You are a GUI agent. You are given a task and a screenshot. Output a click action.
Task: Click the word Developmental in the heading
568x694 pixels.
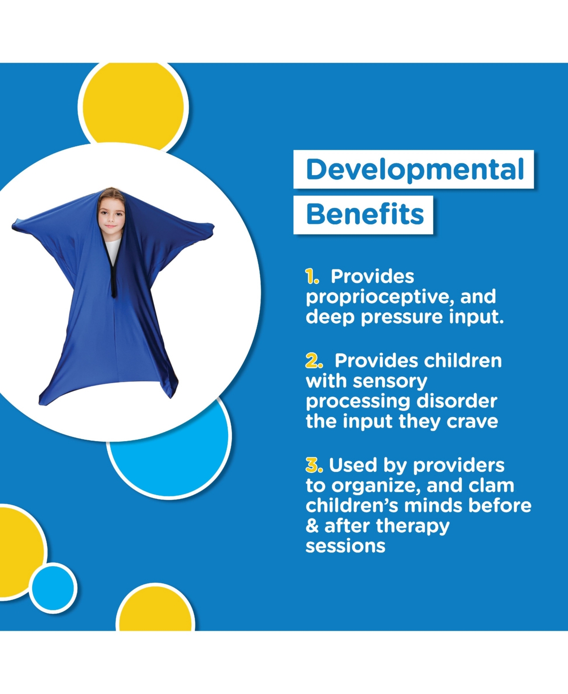[415, 169]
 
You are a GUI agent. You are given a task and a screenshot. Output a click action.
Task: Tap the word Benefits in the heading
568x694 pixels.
[364, 214]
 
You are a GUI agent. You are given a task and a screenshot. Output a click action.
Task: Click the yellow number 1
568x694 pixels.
[311, 276]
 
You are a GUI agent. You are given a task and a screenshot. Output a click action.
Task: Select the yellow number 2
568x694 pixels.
[314, 361]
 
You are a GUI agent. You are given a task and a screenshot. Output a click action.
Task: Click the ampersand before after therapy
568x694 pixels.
[312, 526]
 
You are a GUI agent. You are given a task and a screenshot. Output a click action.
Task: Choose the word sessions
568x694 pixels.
[346, 546]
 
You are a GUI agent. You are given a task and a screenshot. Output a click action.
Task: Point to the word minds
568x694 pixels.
[433, 506]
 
